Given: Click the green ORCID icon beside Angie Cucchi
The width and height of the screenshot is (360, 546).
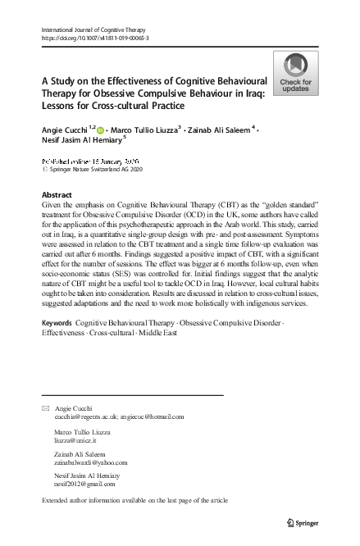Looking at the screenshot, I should tap(101, 130).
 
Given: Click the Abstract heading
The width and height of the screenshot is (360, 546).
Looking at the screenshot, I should tap(57, 195).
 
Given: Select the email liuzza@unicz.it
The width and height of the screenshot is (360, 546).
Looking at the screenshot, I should tap(75, 440).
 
